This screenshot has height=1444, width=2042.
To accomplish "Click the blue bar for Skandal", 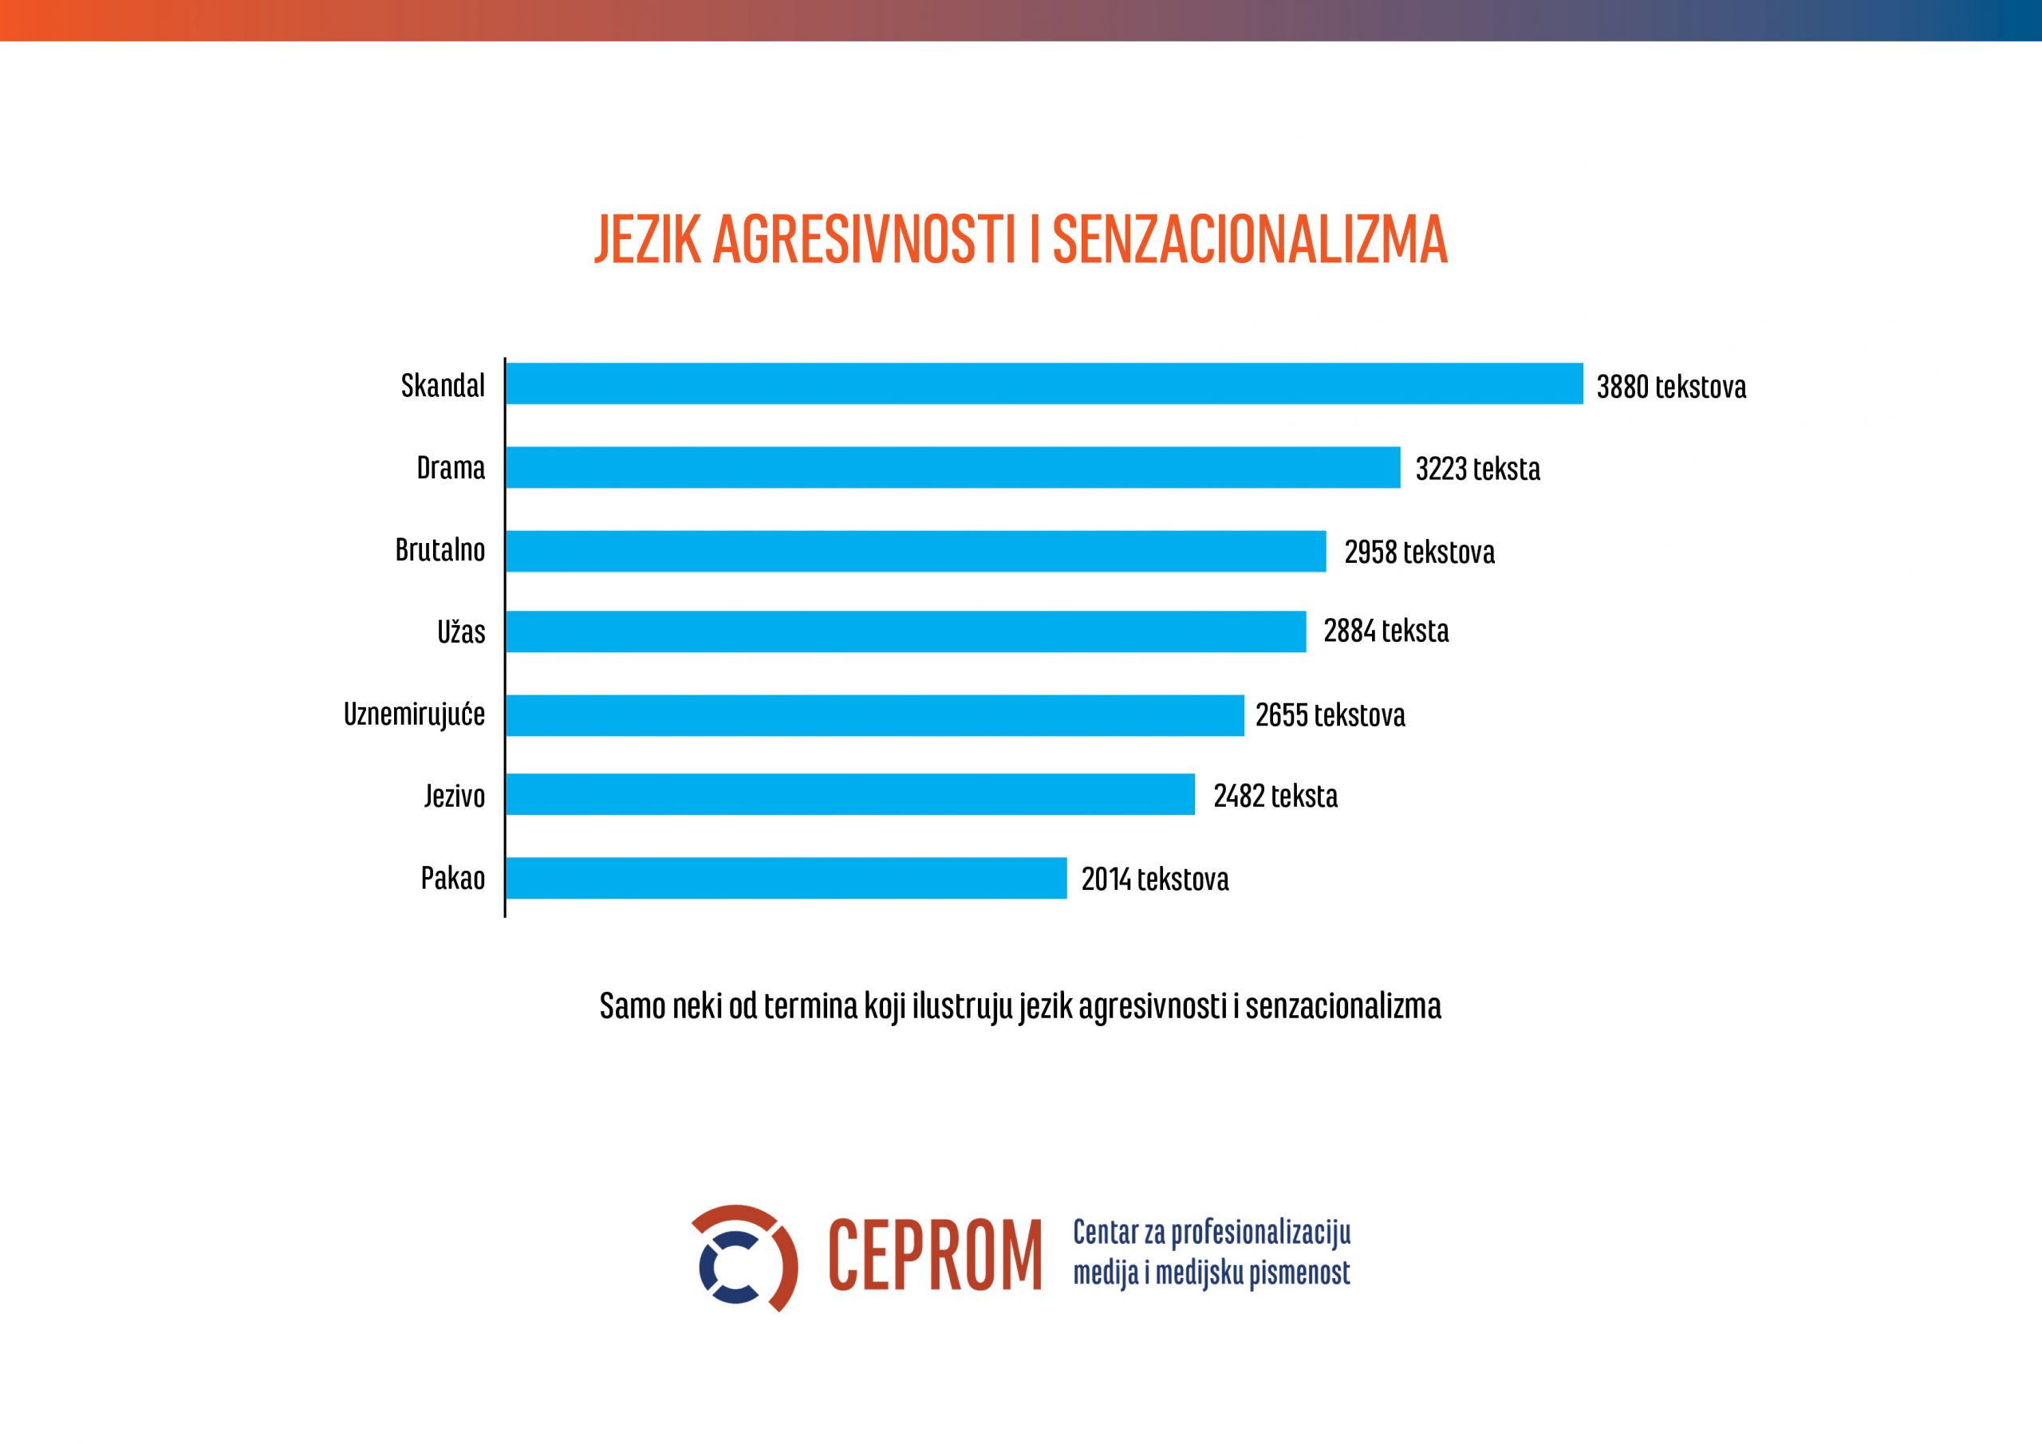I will coord(1043,384).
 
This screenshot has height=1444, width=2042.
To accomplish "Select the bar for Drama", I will coord(952,468).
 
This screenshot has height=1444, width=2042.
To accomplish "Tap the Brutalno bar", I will coord(915,550).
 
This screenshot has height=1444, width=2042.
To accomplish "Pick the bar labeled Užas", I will coord(905,632).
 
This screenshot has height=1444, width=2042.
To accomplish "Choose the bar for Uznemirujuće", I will coord(874,715).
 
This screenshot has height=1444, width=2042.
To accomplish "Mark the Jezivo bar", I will coord(850,794).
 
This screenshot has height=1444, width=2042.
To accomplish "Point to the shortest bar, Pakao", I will coord(786,878).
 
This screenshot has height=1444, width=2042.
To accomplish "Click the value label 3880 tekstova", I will coord(1671,387).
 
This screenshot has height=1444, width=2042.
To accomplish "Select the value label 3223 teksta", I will coord(1477,469).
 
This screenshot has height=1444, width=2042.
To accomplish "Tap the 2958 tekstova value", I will coord(1420,553).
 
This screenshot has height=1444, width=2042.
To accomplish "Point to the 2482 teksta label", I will coord(1275,796).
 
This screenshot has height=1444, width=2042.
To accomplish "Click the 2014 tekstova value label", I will coord(1154,879).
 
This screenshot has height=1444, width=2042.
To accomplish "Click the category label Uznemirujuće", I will coord(415,714).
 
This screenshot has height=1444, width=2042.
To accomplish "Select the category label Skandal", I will coord(443,385).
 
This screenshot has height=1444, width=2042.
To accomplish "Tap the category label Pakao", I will coord(453,879).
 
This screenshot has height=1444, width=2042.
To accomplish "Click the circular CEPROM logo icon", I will coord(743,1257).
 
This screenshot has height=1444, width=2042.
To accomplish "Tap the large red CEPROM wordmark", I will coord(934,1257).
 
